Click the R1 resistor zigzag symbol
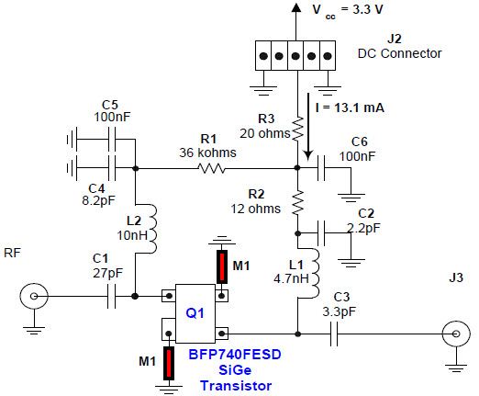tap(211, 168)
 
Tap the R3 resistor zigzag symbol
tap(297, 129)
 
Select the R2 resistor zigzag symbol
tap(297, 202)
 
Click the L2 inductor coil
tap(152, 229)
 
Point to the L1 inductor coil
tap(315, 273)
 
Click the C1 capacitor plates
tap(112, 296)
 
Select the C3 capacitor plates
tap(334, 334)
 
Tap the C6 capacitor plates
tap(321, 168)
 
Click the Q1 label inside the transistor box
tap(195, 313)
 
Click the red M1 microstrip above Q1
tap(222, 266)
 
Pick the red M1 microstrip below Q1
tap(169, 363)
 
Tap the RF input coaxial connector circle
tap(34, 296)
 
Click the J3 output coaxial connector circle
tap(456, 334)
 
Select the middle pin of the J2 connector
tap(295, 56)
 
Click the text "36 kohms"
tap(207, 153)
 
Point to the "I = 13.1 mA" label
tap(350, 107)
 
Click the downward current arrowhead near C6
tap(308, 155)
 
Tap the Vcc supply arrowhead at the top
tap(295, 7)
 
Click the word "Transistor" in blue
tap(236, 386)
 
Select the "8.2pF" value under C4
tap(98, 200)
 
